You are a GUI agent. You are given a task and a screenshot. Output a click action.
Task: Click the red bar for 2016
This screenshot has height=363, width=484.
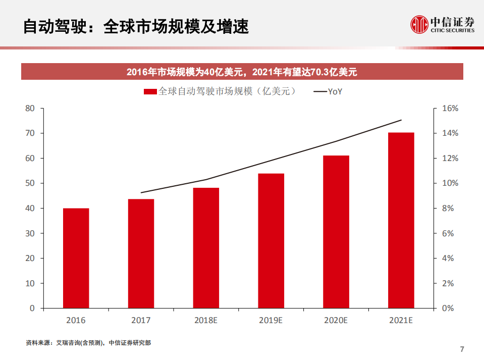(x=76, y=258)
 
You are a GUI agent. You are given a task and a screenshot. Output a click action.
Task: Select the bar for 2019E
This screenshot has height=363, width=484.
(x=271, y=241)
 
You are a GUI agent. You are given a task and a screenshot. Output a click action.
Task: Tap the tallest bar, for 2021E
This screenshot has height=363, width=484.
(x=401, y=220)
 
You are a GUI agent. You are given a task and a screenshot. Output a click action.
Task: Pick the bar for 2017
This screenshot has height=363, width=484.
(x=141, y=253)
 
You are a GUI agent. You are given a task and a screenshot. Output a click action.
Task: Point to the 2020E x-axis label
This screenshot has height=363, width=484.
(x=336, y=321)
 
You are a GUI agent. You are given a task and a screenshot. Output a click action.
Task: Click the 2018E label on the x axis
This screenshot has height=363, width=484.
(x=206, y=321)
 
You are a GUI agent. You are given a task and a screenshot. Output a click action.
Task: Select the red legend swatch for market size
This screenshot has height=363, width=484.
(x=150, y=92)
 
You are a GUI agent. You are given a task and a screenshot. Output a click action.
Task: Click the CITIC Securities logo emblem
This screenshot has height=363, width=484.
(x=419, y=24)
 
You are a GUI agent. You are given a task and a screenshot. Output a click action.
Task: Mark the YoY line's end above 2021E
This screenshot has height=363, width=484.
(x=401, y=120)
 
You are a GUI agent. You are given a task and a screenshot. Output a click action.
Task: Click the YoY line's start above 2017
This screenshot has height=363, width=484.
(x=141, y=192)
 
